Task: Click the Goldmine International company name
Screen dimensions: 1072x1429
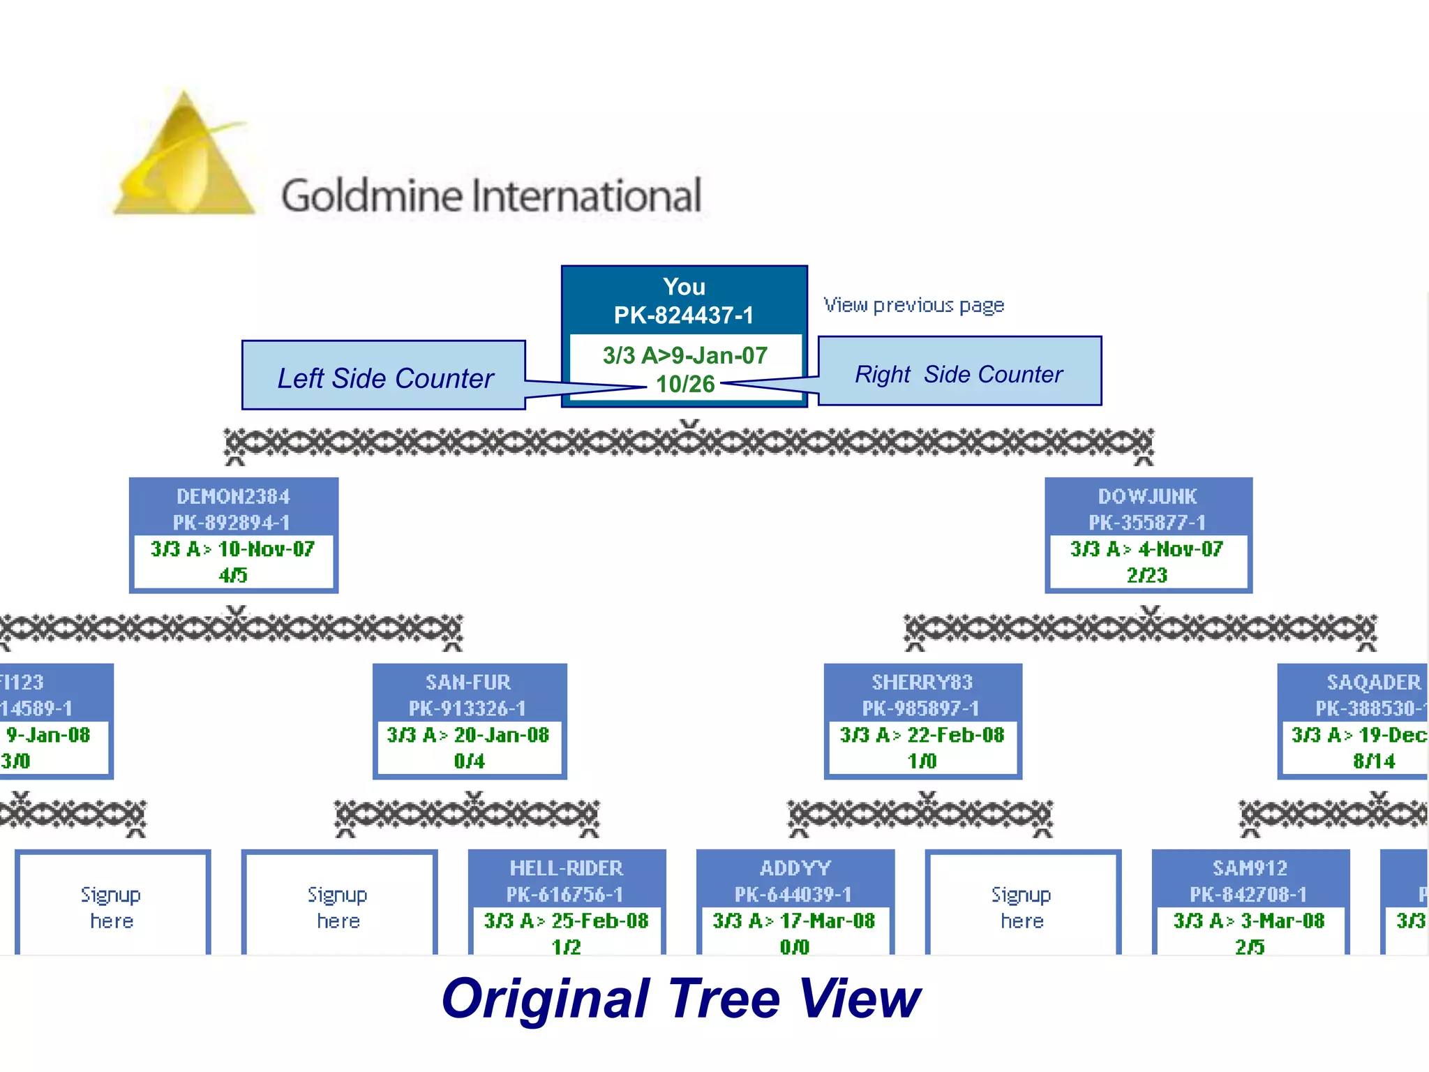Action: coord(491,195)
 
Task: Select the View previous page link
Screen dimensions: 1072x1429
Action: coord(913,305)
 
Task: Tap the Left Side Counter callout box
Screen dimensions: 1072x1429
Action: coord(384,377)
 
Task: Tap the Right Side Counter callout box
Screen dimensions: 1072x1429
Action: coord(959,373)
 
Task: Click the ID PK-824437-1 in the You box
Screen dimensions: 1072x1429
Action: coord(684,315)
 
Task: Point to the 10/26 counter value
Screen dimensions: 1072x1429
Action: coord(685,384)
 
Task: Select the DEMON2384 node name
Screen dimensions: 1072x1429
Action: coord(233,496)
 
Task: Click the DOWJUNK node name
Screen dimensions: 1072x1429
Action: coord(1148,496)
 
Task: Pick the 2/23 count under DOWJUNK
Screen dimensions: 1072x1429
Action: coord(1147,575)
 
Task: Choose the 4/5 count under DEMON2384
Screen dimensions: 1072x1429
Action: coord(233,575)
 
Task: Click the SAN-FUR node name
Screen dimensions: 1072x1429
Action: coord(468,682)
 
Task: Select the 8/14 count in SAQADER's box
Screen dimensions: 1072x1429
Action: coord(1374,761)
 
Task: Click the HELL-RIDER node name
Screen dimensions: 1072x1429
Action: coord(566,868)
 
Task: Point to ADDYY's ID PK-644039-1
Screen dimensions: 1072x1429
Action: coord(793,894)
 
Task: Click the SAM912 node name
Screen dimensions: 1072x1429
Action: coord(1250,868)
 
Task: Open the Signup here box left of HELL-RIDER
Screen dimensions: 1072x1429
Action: coord(338,907)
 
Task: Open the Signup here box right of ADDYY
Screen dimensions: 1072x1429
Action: coord(1022,907)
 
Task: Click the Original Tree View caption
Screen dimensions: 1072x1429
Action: coord(681,999)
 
